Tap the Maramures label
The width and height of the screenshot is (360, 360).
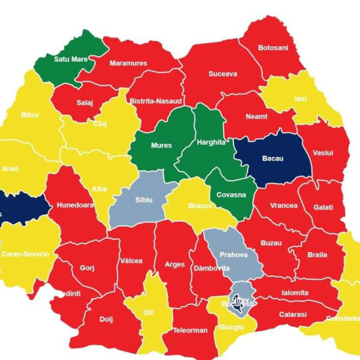click(127, 63)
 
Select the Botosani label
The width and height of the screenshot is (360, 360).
click(273, 48)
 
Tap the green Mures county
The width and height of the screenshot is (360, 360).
click(161, 145)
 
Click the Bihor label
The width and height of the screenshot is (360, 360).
click(30, 115)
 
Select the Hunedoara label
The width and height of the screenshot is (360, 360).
click(76, 204)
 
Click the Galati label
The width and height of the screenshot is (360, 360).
click(323, 207)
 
